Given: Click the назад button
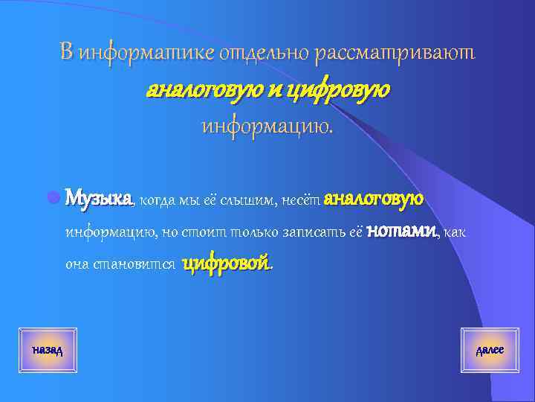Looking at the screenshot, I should click(x=48, y=349).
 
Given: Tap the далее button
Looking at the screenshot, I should click(x=490, y=349).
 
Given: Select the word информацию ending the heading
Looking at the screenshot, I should click(x=268, y=127).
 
